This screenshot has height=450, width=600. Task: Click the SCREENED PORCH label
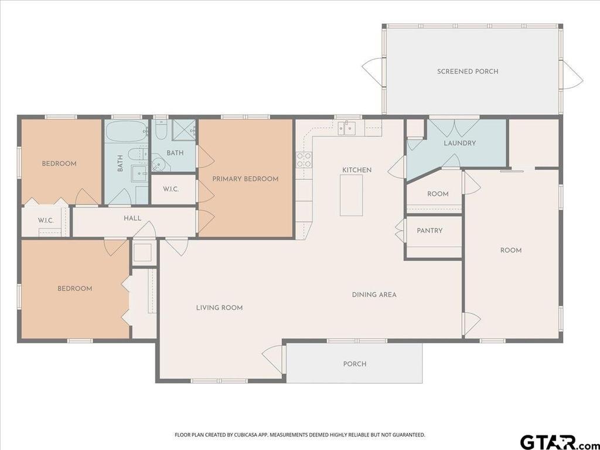468,71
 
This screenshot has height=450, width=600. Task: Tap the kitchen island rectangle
352,195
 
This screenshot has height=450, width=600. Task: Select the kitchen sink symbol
346,128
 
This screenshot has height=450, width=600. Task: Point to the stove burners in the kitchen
304,159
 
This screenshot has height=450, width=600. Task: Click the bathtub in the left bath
127,131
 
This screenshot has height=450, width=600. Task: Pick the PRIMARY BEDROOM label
246,179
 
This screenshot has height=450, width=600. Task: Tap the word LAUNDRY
459,143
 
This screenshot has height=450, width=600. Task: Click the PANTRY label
429,231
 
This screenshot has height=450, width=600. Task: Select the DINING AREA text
374,295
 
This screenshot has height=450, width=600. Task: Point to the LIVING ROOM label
219,308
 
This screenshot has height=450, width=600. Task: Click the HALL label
132,219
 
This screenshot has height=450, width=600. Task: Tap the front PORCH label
354,364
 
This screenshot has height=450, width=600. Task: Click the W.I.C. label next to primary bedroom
171,189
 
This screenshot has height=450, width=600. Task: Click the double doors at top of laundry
454,128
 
